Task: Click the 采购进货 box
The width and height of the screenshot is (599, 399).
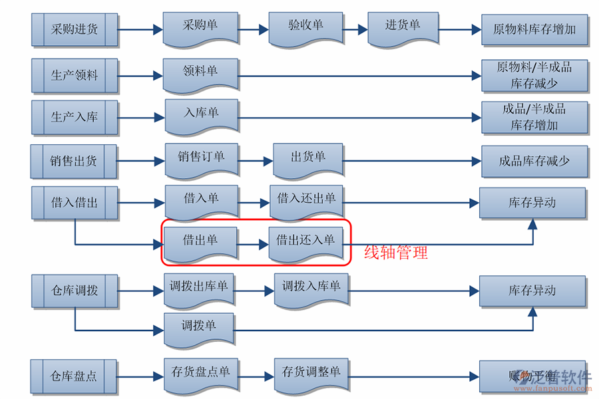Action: (75, 29)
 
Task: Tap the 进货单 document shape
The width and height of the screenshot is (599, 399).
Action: (403, 27)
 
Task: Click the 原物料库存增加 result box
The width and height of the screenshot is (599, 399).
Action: (534, 29)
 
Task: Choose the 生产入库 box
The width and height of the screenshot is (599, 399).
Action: (75, 117)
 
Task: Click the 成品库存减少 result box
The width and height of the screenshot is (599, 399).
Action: (534, 161)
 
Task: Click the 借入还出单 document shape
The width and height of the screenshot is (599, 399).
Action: (306, 200)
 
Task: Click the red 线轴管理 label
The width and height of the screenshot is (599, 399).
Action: (396, 253)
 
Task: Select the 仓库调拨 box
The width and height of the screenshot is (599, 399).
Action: (75, 291)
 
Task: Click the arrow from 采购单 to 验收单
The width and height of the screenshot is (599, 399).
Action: (253, 29)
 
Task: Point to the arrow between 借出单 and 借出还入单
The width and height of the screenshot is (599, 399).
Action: (253, 245)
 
